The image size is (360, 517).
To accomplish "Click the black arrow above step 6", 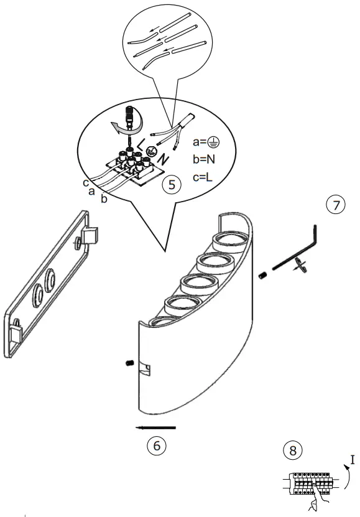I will coord(156,427).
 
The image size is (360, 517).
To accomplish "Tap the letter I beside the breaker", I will coord(353,460).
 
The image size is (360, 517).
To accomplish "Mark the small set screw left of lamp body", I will coord(129,363).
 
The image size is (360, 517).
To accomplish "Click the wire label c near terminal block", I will coord(85,183).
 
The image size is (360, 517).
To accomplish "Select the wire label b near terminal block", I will coord(103,200).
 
